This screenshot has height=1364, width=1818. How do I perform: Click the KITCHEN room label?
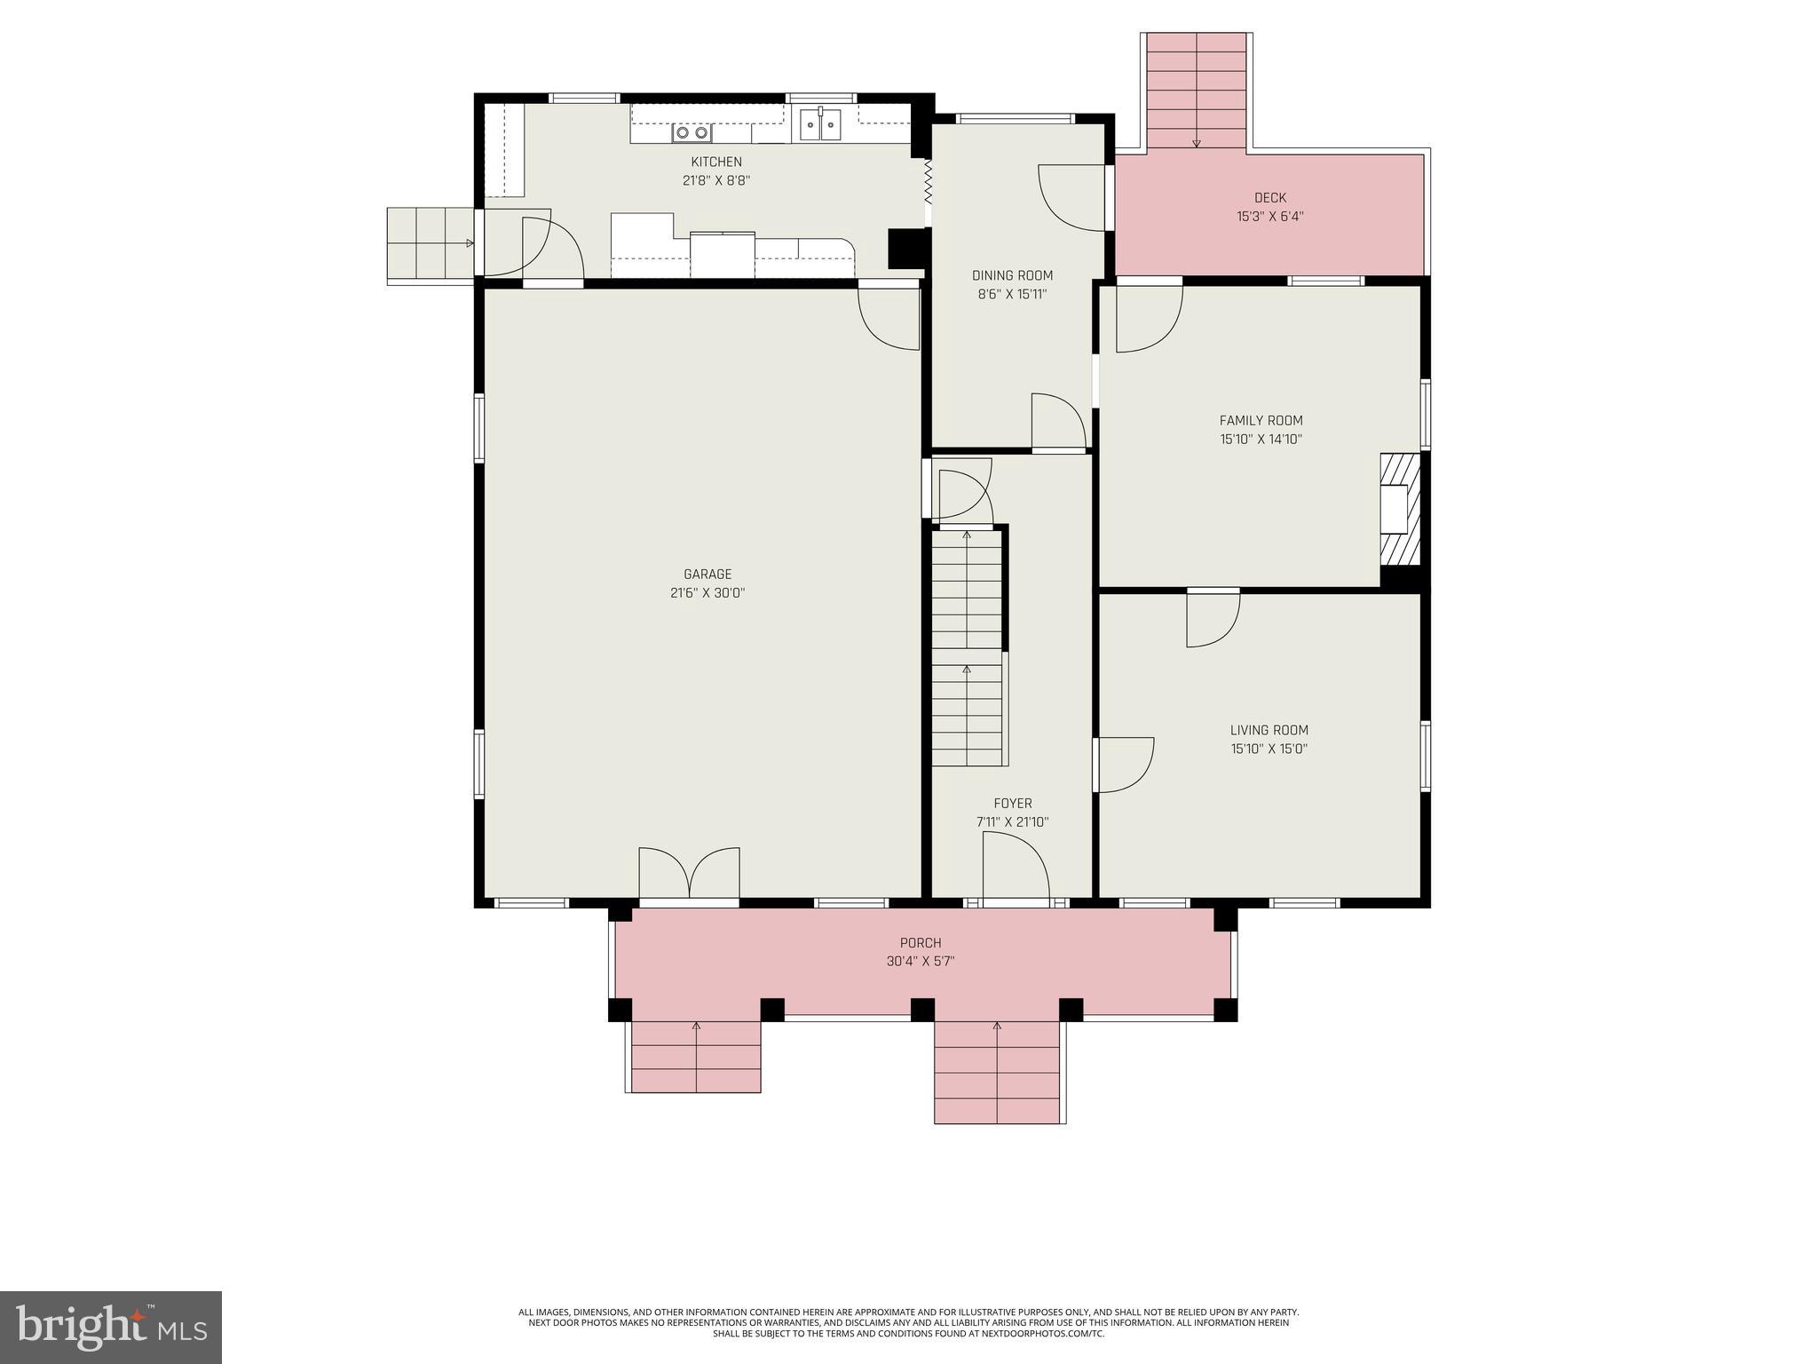click(x=716, y=162)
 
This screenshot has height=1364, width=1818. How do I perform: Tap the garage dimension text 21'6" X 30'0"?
click(x=707, y=593)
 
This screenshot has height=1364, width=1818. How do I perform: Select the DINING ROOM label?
click(x=1012, y=275)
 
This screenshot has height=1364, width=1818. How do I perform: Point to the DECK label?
click(x=1269, y=198)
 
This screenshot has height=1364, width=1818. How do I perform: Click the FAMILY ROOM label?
click(x=1261, y=421)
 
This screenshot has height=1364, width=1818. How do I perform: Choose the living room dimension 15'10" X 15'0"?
click(x=1269, y=749)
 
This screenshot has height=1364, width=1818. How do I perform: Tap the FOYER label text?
click(x=1012, y=804)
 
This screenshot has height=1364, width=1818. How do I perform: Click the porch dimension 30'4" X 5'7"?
click(x=921, y=962)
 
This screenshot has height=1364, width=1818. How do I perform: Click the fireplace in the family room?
click(x=1399, y=510)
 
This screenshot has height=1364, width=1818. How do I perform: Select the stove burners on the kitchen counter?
click(x=692, y=133)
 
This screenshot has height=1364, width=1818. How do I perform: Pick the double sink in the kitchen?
click(x=820, y=125)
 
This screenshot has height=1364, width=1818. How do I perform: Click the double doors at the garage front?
click(x=690, y=875)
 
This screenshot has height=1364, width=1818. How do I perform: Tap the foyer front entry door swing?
click(x=1016, y=868)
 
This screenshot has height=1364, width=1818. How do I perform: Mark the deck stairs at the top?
click(x=1197, y=91)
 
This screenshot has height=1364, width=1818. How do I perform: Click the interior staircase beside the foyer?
click(x=967, y=648)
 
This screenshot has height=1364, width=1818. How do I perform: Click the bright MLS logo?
click(x=111, y=1328)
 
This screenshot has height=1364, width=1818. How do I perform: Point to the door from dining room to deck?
click(x=1072, y=198)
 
